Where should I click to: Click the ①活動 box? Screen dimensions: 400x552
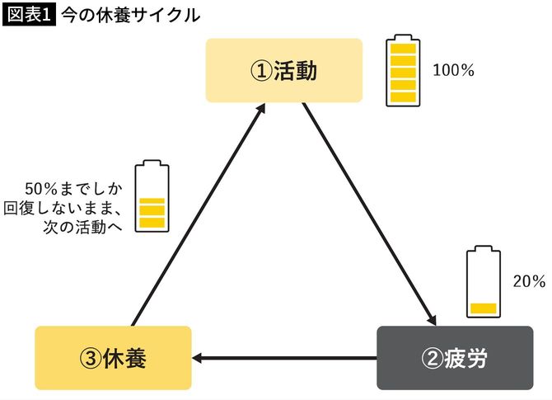[283, 70]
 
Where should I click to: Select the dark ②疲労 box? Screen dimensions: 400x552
[454, 357]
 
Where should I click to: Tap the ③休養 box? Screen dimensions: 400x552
[113, 357]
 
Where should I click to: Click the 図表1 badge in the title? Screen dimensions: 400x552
[30, 14]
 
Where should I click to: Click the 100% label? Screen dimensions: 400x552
[453, 70]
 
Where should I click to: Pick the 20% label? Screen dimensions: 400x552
[528, 281]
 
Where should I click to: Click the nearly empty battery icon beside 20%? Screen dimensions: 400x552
[483, 281]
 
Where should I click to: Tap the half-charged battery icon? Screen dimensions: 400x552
[152, 196]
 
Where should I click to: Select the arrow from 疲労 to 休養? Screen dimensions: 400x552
[284, 358]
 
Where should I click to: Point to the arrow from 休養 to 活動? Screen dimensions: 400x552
[198, 214]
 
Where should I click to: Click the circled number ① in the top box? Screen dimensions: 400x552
[261, 71]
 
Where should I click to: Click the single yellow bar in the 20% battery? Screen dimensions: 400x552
[483, 308]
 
